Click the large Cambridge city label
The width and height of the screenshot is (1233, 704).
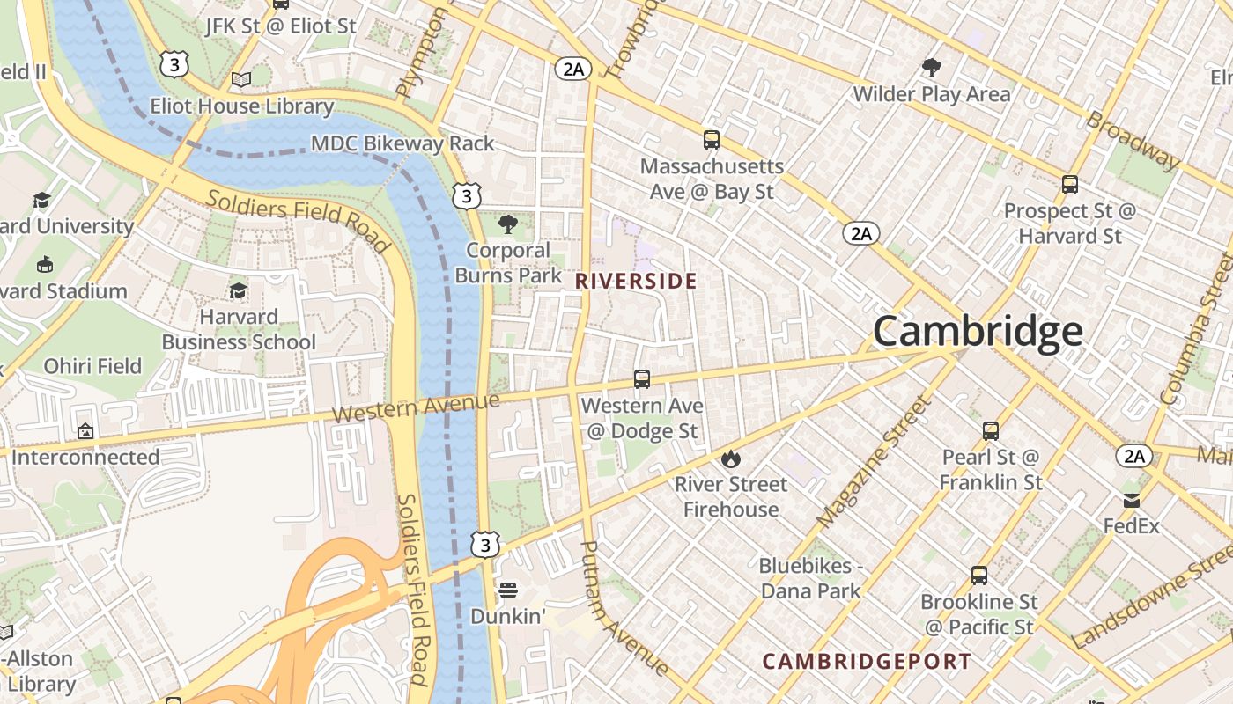coord(978,332)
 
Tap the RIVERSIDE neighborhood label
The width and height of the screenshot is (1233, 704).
coord(636,282)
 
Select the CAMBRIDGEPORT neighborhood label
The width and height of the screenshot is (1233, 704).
coord(867,662)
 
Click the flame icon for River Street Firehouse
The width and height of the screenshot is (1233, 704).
coord(730,459)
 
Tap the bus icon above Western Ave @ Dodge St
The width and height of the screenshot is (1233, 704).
coord(642,379)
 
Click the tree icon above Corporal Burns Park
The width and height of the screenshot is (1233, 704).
coord(507,224)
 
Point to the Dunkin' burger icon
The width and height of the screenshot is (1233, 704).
coord(507,590)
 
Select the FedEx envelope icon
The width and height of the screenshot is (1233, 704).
coord(1132,501)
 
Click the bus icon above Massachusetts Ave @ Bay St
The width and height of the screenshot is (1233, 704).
coord(711,140)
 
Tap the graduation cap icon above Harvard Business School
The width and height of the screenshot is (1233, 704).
coord(238,290)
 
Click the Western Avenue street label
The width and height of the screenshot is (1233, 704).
coord(417,407)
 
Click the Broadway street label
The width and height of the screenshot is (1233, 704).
coord(1133,140)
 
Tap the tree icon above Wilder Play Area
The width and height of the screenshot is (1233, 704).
coord(931,68)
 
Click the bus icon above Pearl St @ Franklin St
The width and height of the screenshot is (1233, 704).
coord(991,431)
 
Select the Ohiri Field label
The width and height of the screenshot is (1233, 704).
coord(92,366)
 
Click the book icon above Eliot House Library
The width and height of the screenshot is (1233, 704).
coord(241,80)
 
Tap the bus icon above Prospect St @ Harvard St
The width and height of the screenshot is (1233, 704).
coord(1070,185)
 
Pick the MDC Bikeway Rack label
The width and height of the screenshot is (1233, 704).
coord(402,143)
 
